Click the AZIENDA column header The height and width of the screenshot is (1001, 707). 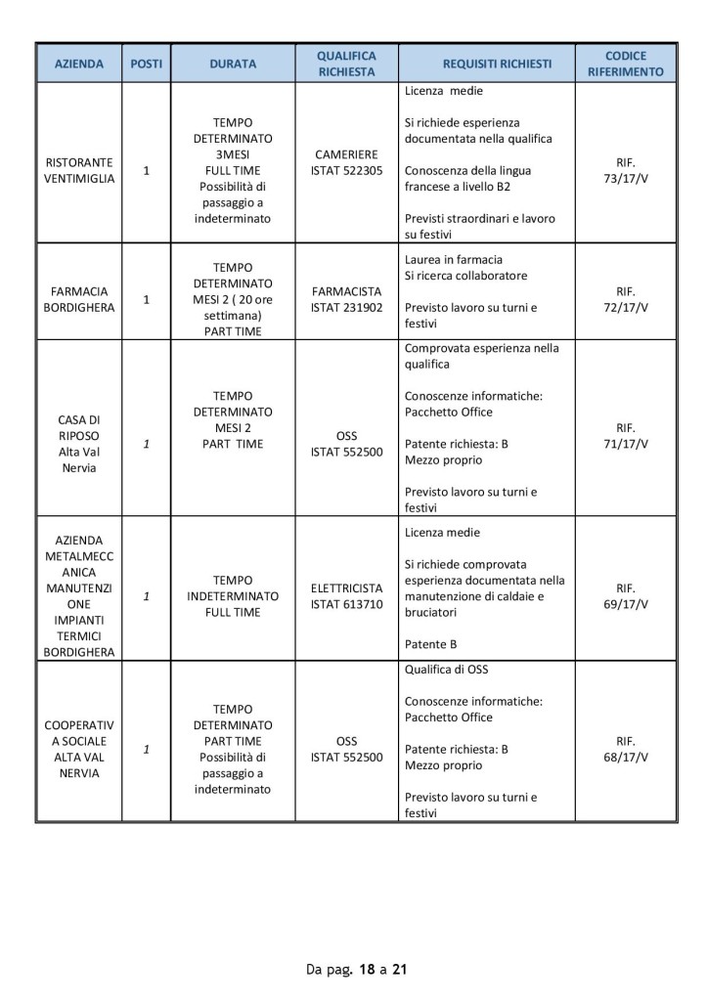point(79,65)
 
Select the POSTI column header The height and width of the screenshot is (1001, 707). point(147,65)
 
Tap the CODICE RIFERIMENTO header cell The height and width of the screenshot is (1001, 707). point(626,65)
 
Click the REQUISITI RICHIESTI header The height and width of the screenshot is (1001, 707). point(497,65)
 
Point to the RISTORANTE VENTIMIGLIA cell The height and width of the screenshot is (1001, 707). point(79,170)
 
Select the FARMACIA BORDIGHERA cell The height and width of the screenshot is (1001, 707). point(79,299)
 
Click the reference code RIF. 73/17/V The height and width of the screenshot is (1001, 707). point(626,170)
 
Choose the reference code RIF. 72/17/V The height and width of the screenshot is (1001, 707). point(626,299)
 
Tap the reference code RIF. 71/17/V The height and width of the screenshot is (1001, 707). point(626,436)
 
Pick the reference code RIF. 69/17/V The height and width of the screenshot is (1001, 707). point(626,596)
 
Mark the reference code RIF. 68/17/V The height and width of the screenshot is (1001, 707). point(626,749)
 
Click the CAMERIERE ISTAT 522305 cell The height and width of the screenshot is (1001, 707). point(346,163)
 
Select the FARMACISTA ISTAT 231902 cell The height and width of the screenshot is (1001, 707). point(346,299)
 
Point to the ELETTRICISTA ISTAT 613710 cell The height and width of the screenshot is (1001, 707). point(346,596)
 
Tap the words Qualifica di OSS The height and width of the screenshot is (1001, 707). point(445,670)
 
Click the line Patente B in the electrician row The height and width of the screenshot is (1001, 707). point(430,645)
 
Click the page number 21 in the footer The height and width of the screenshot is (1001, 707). point(399,970)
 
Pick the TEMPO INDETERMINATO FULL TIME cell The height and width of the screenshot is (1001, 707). point(233,596)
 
